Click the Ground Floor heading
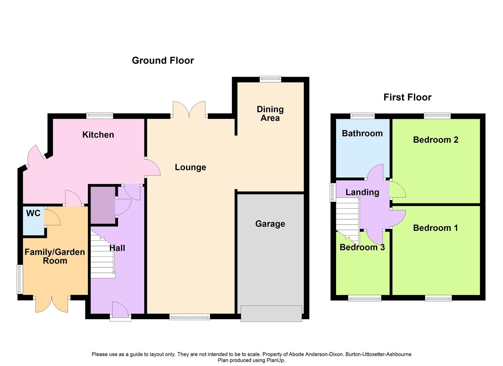pyautogui.click(x=163, y=60)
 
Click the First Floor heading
pyautogui.click(x=407, y=97)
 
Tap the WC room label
pyautogui.click(x=33, y=213)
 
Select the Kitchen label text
pyautogui.click(x=98, y=135)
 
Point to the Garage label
pyautogui.click(x=270, y=224)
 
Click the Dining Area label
pyautogui.click(x=270, y=114)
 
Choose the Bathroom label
pyautogui.click(x=362, y=133)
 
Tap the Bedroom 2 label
pyautogui.click(x=436, y=140)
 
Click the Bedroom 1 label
pyautogui.click(x=435, y=228)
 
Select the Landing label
pyautogui.click(x=362, y=192)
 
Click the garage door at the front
pyautogui.click(x=271, y=313)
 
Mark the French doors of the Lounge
pyautogui.click(x=189, y=109)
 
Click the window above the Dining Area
pyautogui.click(x=270, y=79)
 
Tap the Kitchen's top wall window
pyautogui.click(x=100, y=116)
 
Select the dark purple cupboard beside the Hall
pyautogui.click(x=103, y=205)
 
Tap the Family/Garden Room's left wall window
pyautogui.click(x=20, y=279)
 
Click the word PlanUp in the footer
pyautogui.click(x=276, y=360)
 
